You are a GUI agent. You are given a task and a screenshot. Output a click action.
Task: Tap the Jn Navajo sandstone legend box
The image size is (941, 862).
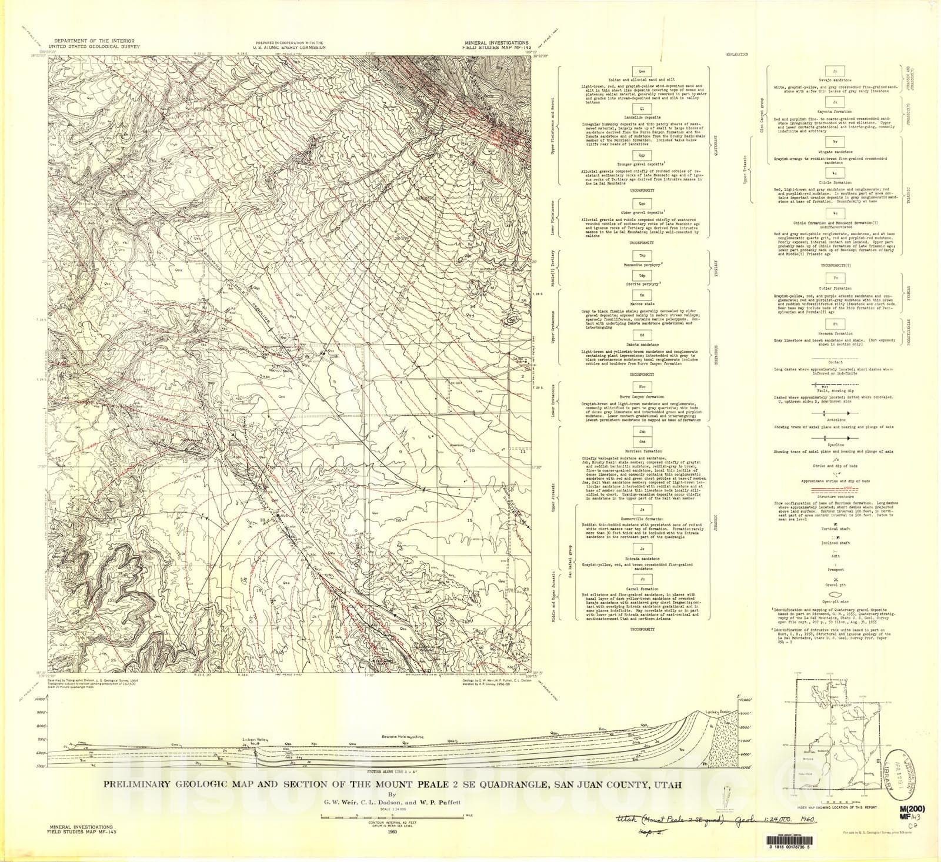click(835, 71)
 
